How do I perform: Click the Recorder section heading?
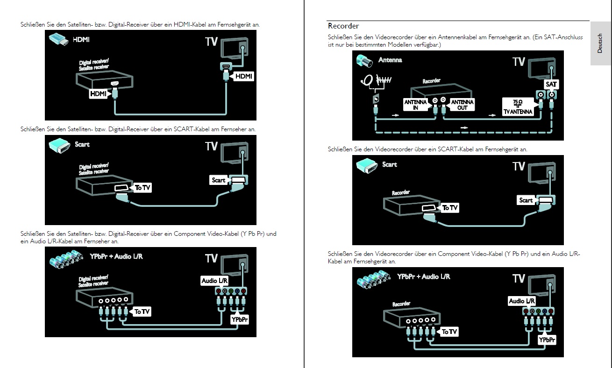tap(343, 26)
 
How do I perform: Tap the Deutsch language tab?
tap(600, 43)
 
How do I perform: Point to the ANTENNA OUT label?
tap(462, 105)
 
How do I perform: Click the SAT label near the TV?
tap(551, 85)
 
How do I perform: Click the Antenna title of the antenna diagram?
tap(390, 60)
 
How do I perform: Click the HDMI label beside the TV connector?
tap(243, 76)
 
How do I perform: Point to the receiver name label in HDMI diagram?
tap(94, 65)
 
